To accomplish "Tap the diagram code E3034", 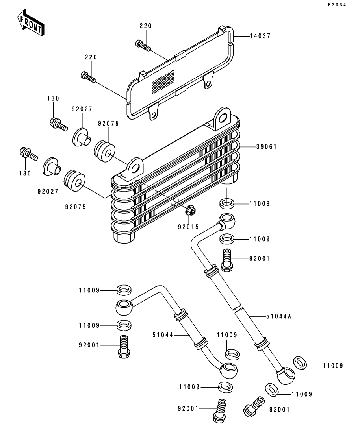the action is click(x=337, y=5).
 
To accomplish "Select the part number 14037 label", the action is click(x=260, y=36).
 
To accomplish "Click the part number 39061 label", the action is click(x=266, y=146).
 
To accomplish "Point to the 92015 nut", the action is click(x=190, y=211).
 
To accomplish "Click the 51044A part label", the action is click(x=279, y=316).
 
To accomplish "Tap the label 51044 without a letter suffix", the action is click(x=163, y=335).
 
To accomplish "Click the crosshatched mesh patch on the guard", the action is click(x=163, y=81).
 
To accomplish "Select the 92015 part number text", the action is click(x=188, y=227).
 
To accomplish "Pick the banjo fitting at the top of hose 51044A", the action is click(x=227, y=221).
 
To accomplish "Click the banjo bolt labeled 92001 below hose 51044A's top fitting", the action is click(x=227, y=260).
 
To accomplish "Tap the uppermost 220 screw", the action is click(x=143, y=46).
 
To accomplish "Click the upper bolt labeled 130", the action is click(x=58, y=124).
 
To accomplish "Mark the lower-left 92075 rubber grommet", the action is click(x=74, y=181).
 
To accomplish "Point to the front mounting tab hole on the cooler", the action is click(x=135, y=168).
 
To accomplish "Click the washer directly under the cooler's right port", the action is click(x=227, y=204).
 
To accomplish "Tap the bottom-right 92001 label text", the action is click(x=279, y=410).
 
